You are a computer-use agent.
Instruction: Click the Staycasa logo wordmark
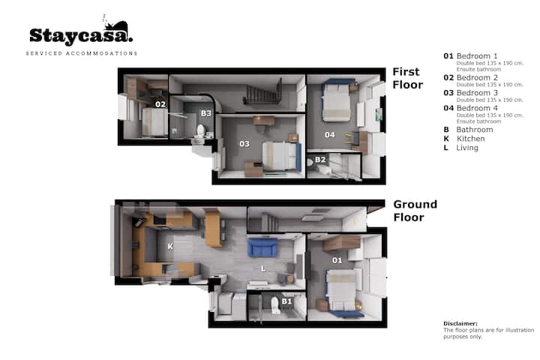point(81,35)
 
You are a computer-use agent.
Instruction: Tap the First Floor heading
point(408,78)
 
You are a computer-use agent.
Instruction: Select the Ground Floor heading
point(415,211)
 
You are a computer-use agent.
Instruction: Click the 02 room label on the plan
point(160,104)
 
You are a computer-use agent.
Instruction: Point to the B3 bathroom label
point(206,113)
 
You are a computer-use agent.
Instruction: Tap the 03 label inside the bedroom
point(244,144)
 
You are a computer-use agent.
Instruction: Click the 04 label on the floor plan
point(329,135)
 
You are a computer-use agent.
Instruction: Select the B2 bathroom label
point(320,160)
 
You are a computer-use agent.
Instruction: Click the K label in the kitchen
point(170,246)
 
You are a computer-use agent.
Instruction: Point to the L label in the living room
point(263,268)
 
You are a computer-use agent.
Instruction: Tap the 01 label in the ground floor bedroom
point(337,260)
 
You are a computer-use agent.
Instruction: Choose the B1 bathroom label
point(286,301)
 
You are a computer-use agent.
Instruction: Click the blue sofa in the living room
point(262,247)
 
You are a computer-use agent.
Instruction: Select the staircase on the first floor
point(262,92)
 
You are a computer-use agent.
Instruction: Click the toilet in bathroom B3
point(200,131)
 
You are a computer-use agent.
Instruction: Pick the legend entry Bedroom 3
point(477,93)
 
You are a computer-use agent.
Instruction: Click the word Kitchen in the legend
point(470,139)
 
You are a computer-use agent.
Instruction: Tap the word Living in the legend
point(467,148)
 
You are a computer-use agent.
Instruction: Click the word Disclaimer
point(460,323)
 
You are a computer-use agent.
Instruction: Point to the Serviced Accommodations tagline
point(82,53)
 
